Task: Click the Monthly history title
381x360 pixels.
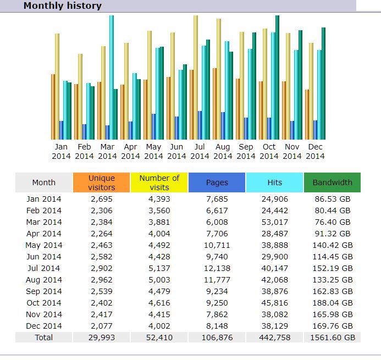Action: pyautogui.click(x=62, y=6)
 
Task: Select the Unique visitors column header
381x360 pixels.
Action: pyautogui.click(x=102, y=182)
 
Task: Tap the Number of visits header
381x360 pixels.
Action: pyautogui.click(x=159, y=182)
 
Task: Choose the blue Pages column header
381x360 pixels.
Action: pyautogui.click(x=217, y=182)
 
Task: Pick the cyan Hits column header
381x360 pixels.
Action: pyautogui.click(x=275, y=182)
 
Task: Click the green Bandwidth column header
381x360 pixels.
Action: pyautogui.click(x=332, y=182)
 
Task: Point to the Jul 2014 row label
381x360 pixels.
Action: pyautogui.click(x=43, y=268)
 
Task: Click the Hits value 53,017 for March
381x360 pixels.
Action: pyautogui.click(x=275, y=222)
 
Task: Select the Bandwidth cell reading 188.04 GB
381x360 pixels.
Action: pyautogui.click(x=332, y=303)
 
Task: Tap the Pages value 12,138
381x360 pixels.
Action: pyautogui.click(x=217, y=268)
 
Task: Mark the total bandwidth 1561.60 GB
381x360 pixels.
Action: pyautogui.click(x=332, y=337)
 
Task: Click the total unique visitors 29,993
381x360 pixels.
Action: pyautogui.click(x=102, y=337)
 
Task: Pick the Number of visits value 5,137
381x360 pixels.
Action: pyautogui.click(x=159, y=268)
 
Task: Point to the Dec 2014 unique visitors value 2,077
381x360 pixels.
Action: pyautogui.click(x=102, y=326)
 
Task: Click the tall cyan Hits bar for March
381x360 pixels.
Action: pyautogui.click(x=111, y=77)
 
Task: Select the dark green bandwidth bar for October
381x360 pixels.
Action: pyautogui.click(x=278, y=77)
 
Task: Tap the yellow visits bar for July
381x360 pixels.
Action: pyautogui.click(x=196, y=77)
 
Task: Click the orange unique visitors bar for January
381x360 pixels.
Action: pyautogui.click(x=53, y=107)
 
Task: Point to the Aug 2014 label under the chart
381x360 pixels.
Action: pyautogui.click(x=223, y=151)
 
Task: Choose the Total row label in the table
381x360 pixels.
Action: pyautogui.click(x=43, y=337)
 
